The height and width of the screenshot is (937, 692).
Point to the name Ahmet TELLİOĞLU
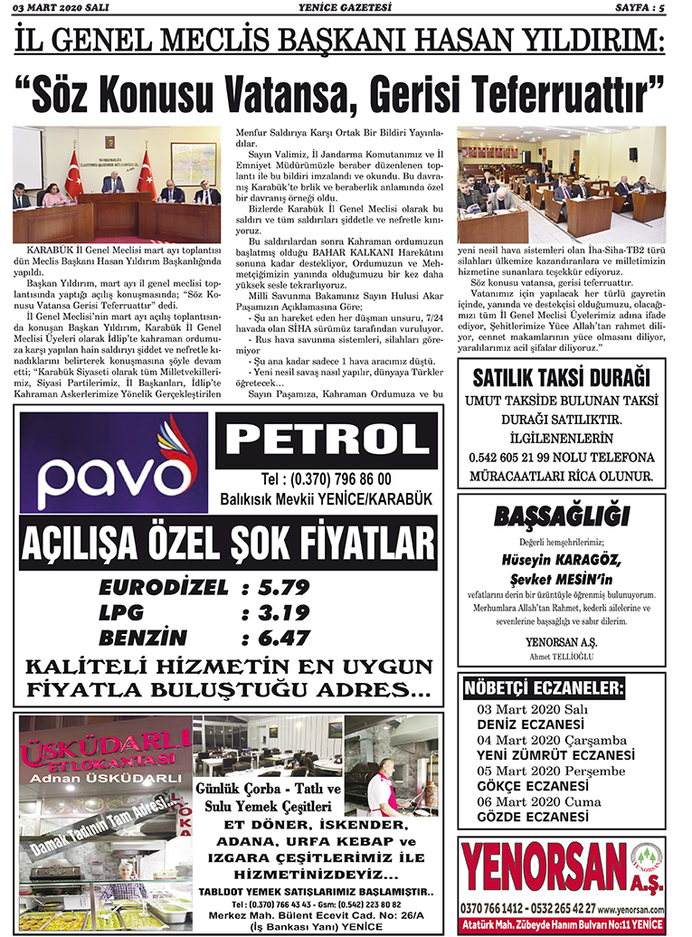[561, 656]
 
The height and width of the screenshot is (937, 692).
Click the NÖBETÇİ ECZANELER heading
[544, 690]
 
